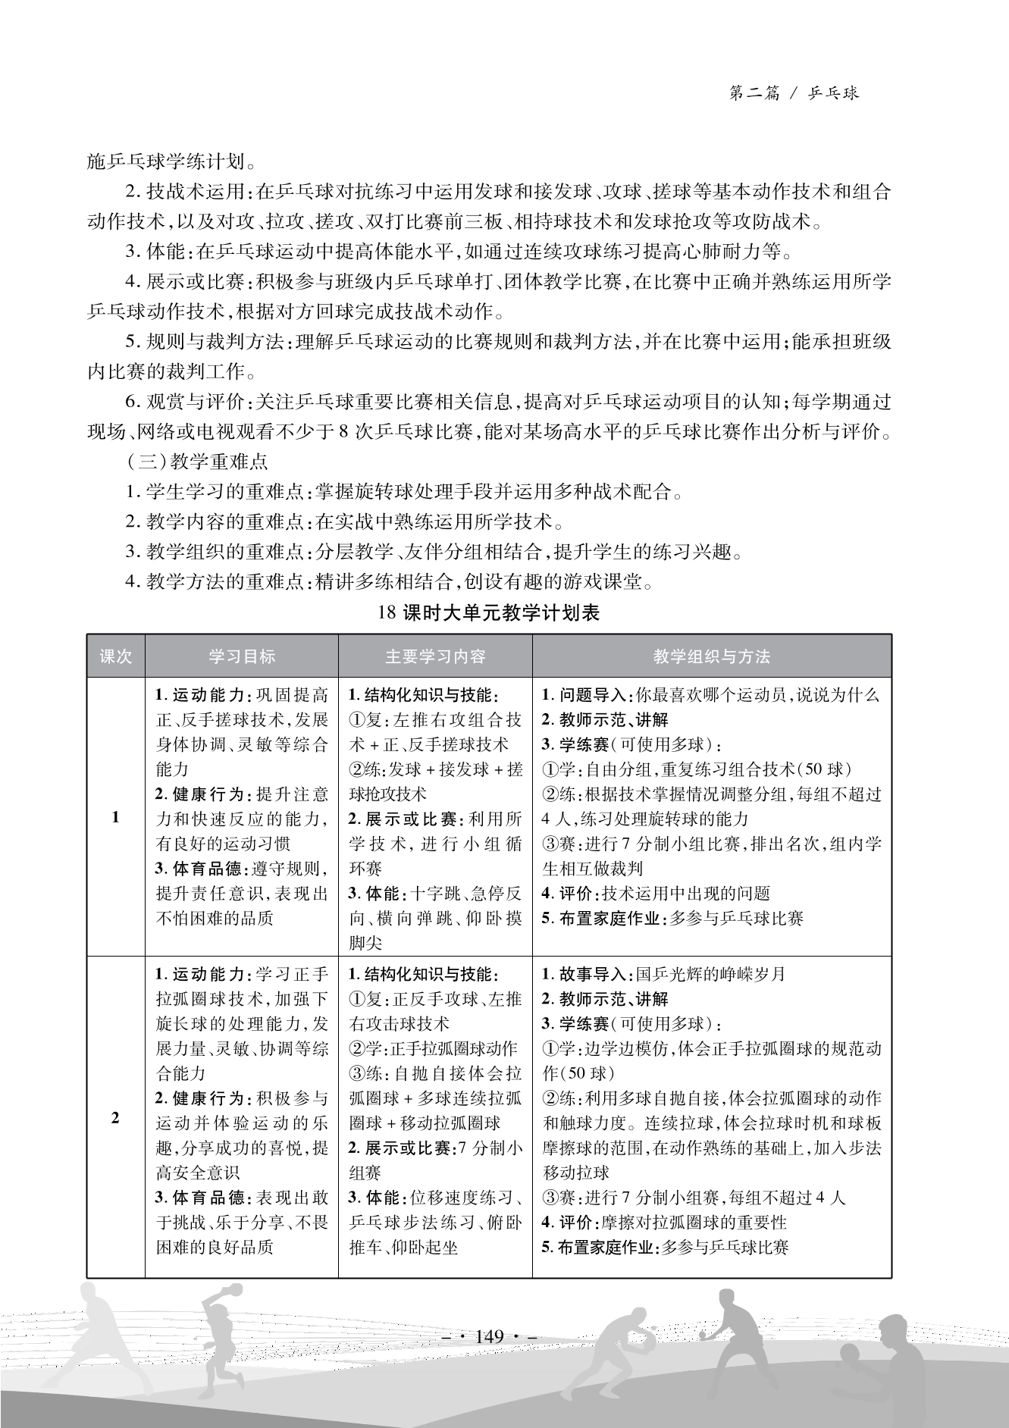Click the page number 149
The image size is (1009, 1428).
point(489,1336)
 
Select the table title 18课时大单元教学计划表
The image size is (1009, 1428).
point(488,612)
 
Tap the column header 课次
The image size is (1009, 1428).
point(115,656)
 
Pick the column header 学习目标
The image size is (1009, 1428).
point(242,656)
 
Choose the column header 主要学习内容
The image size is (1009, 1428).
point(435,656)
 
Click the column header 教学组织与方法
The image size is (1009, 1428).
point(711,656)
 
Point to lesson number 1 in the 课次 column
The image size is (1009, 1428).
point(115,817)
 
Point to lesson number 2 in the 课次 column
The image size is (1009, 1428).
point(115,1118)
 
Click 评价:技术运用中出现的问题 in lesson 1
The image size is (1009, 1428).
point(656,894)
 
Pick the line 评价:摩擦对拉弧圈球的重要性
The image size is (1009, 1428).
point(665,1222)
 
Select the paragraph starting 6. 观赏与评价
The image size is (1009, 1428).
point(488,416)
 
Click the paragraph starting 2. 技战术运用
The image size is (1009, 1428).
point(488,206)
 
